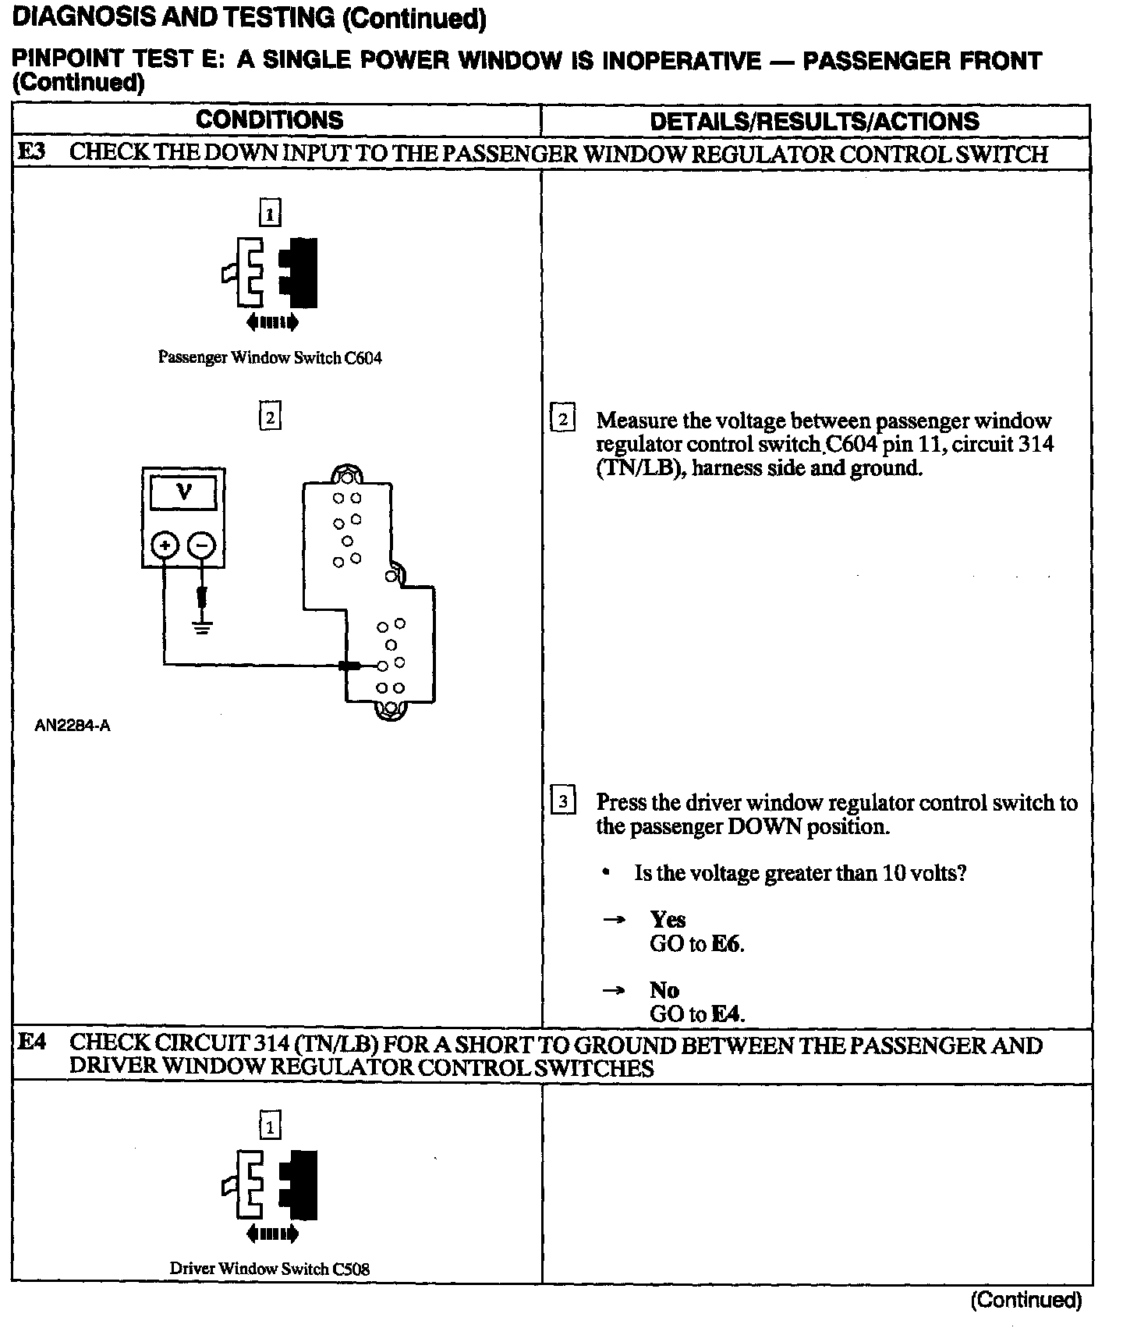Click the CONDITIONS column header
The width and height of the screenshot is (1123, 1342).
(269, 120)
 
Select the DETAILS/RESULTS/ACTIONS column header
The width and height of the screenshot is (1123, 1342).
(814, 121)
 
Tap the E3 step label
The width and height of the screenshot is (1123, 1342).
(32, 152)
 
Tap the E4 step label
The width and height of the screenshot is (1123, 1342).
(32, 1042)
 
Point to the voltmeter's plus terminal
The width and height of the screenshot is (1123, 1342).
(164, 545)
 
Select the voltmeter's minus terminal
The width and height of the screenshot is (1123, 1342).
(202, 545)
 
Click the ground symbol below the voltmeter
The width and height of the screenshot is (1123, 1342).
(202, 627)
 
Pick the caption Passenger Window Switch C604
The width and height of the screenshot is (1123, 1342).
(270, 357)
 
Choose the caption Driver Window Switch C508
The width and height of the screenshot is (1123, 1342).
(270, 1269)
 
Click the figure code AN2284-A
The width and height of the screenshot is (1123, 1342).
(73, 726)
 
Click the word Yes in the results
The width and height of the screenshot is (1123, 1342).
(668, 919)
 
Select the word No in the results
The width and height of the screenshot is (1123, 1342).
(664, 990)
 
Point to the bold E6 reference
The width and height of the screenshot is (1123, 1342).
(726, 943)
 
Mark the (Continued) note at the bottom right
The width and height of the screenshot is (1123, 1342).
(1026, 1300)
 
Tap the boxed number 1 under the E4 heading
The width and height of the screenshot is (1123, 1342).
(270, 1127)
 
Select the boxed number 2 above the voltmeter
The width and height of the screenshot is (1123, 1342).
(270, 417)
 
